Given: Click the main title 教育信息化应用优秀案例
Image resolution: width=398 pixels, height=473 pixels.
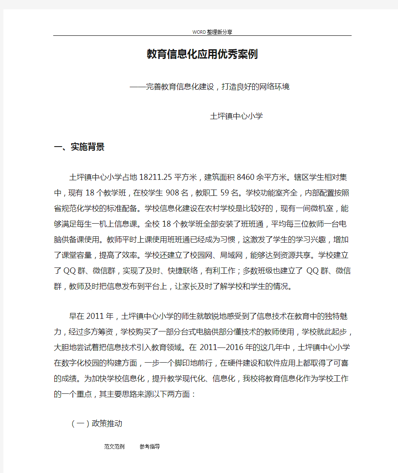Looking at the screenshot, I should click(202, 54).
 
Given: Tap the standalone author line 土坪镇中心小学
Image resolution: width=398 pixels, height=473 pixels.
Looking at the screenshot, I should click(236, 116).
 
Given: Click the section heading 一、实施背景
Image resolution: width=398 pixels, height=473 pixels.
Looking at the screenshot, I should click(79, 147).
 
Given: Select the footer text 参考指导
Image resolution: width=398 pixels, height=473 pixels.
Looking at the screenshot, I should click(150, 446).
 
